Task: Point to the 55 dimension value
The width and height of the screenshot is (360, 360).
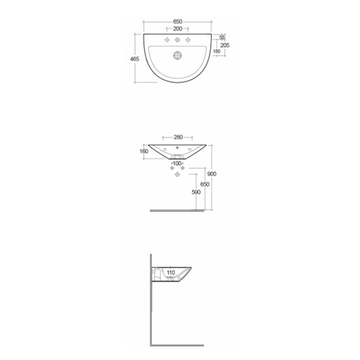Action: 222,37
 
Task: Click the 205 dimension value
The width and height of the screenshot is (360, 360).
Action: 224,45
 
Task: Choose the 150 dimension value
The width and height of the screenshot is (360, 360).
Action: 216,52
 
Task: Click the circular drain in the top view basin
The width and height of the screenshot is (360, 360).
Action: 177,53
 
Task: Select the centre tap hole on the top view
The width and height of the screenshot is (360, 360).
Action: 177,40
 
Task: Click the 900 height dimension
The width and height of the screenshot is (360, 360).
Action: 212,175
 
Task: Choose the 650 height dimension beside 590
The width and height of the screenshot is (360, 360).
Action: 205,185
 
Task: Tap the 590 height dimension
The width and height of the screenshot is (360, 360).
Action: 196,192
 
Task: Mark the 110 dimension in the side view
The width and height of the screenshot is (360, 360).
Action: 171,273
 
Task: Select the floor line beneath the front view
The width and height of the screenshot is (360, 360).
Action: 176,210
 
